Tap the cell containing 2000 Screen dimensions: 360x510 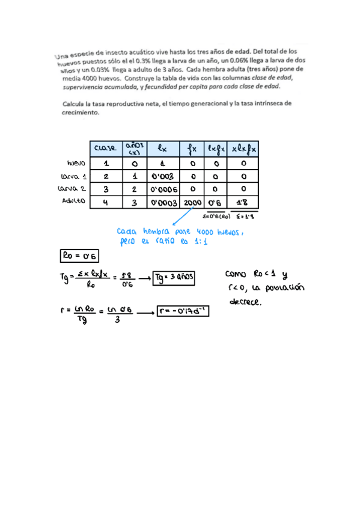(x=192, y=203)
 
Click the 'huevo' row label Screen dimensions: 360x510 (x=76, y=163)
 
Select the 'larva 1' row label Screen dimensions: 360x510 (x=74, y=176)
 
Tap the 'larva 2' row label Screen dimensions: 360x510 (x=74, y=189)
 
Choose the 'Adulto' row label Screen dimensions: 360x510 (x=74, y=202)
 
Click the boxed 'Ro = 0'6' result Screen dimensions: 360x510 (x=79, y=256)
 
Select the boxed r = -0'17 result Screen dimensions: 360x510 (x=183, y=311)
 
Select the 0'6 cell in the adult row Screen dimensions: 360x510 (x=215, y=203)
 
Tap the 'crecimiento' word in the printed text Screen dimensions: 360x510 (x=80, y=112)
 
